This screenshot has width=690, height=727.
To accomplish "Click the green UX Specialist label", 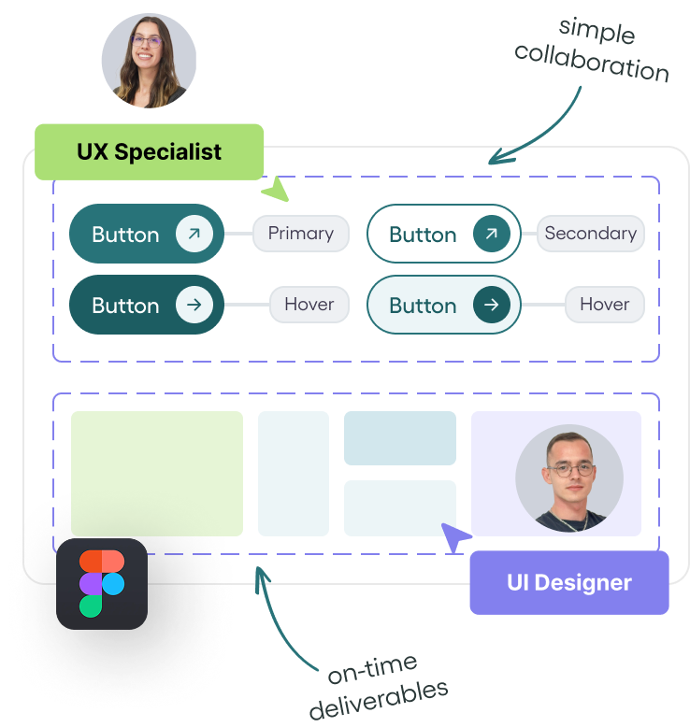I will click(x=150, y=151).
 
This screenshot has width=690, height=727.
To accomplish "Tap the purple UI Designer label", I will click(x=568, y=582).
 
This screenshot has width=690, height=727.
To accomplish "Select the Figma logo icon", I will click(x=102, y=583).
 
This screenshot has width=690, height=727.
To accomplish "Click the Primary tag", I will click(x=300, y=234).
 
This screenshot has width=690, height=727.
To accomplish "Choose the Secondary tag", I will click(x=590, y=234).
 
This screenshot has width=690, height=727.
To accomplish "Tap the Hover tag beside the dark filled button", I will click(x=309, y=305).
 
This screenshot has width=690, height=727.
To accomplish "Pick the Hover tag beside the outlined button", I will click(x=604, y=305).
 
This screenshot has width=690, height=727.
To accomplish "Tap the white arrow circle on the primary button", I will click(x=194, y=234).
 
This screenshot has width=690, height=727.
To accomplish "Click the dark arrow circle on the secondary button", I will click(x=492, y=234).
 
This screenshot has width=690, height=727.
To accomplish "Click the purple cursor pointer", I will click(x=455, y=538).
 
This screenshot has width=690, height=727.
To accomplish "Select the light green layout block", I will click(x=156, y=473).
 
